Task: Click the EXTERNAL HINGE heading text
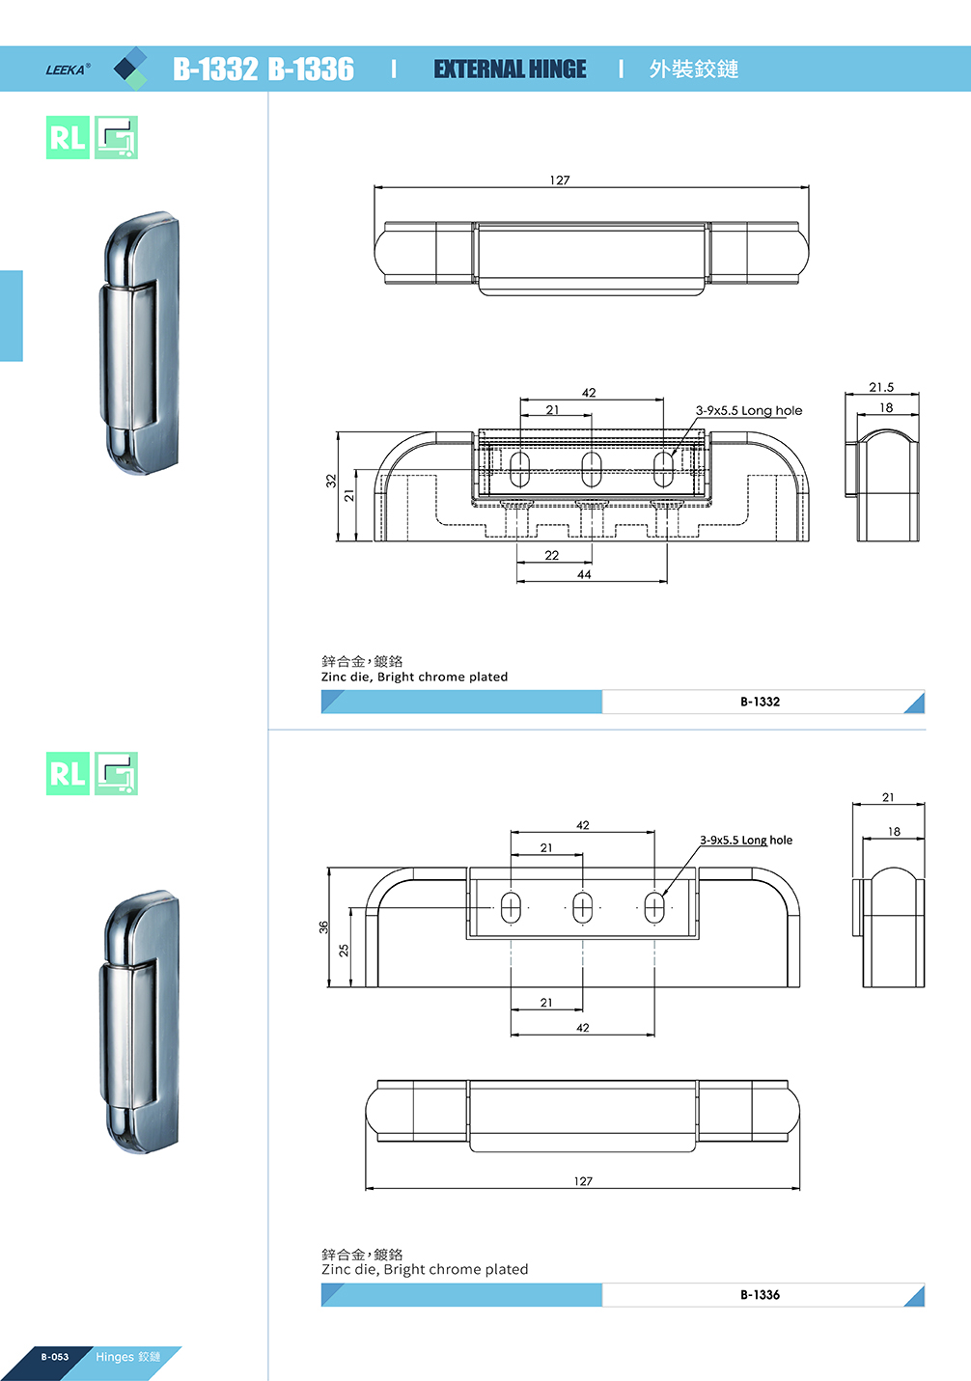click(510, 69)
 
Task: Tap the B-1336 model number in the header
click(312, 69)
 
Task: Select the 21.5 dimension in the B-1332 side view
click(881, 387)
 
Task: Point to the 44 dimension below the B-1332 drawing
click(584, 574)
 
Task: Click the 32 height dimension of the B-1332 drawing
click(331, 481)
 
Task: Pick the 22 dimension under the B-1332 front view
click(552, 556)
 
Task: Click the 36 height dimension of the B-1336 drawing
click(323, 926)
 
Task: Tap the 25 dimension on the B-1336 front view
click(344, 950)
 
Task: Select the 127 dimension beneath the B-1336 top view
click(583, 1181)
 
